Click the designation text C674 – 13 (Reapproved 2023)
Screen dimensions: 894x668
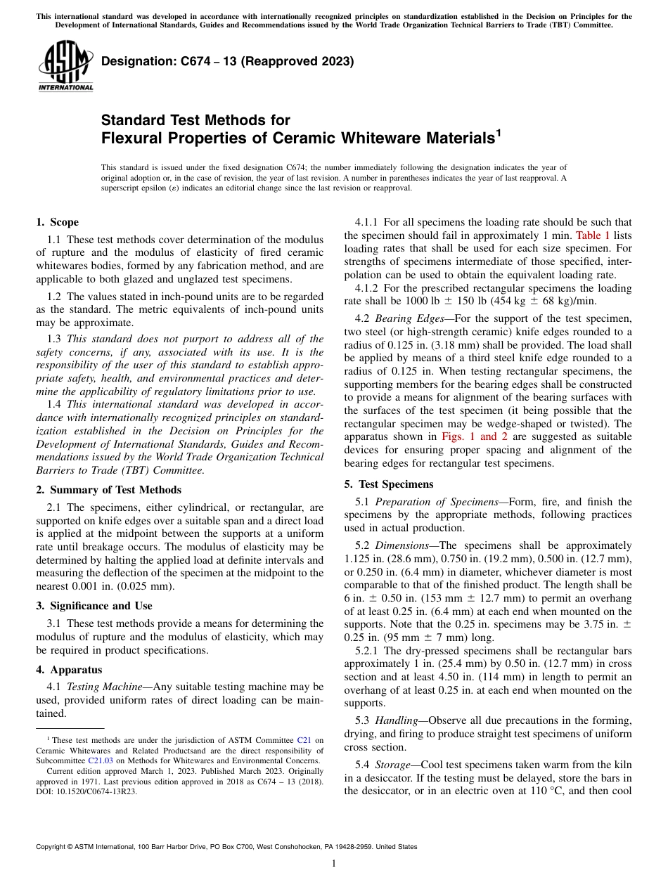point(227,62)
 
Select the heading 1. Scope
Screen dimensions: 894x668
point(57,222)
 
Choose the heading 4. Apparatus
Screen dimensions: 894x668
point(69,670)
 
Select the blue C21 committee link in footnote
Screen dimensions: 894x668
point(304,740)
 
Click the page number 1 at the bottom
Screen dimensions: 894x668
point(334,864)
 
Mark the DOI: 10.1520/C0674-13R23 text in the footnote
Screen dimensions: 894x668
point(86,791)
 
